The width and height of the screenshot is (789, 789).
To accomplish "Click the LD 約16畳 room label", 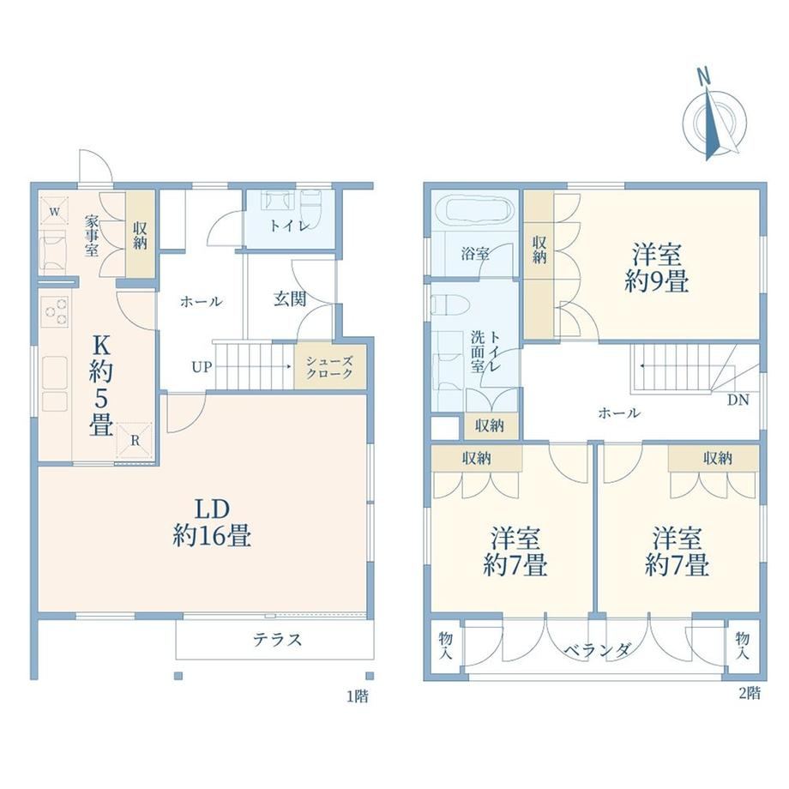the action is (x=212, y=523).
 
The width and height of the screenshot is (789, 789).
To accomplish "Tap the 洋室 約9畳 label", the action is (x=657, y=268).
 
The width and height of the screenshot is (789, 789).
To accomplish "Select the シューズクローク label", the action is (x=329, y=367).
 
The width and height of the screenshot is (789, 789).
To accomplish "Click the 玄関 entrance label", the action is (x=290, y=299).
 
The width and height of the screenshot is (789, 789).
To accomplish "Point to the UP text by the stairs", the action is (x=202, y=367).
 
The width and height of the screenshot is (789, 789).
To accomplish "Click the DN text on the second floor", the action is (x=738, y=400).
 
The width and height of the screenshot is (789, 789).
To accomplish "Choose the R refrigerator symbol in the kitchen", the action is (x=135, y=439).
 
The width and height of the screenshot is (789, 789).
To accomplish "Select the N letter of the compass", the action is (x=703, y=77).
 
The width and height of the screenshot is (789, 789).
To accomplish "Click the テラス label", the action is (x=277, y=640).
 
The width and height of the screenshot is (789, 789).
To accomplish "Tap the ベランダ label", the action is (x=596, y=650).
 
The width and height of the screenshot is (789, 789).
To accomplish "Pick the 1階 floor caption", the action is (x=358, y=696).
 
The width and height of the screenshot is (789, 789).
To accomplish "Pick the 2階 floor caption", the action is (x=750, y=693).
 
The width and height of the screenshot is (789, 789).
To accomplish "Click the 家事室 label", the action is (x=91, y=236).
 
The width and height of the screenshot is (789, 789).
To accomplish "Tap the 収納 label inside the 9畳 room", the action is (x=539, y=250).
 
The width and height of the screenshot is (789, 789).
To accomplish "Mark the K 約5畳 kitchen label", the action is (x=100, y=386).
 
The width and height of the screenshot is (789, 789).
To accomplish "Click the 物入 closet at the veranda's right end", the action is (x=742, y=646).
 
